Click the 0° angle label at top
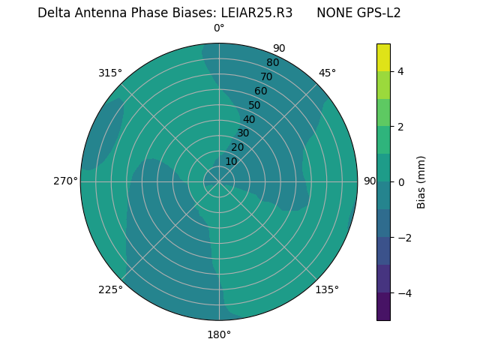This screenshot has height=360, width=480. point(219,28)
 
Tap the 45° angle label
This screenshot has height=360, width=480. point(327,73)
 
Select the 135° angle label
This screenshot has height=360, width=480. point(327,289)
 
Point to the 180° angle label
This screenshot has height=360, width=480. point(219,334)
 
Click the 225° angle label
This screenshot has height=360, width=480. point(110,289)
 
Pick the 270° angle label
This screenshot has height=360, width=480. point(65,181)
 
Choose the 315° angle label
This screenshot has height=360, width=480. point(110,73)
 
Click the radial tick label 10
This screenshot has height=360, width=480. point(231,161)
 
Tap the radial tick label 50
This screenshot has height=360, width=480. point(254,105)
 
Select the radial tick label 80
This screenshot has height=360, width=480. point(272,62)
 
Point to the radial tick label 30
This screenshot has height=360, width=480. point(243,133)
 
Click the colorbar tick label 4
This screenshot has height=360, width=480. point(400,71)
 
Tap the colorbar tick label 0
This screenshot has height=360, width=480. point(400,182)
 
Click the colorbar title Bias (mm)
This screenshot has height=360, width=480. point(421,182)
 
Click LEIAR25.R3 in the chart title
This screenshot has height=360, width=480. point(256,13)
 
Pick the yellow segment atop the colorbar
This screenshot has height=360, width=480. point(383,57)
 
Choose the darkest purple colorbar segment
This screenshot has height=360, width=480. point(383,306)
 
